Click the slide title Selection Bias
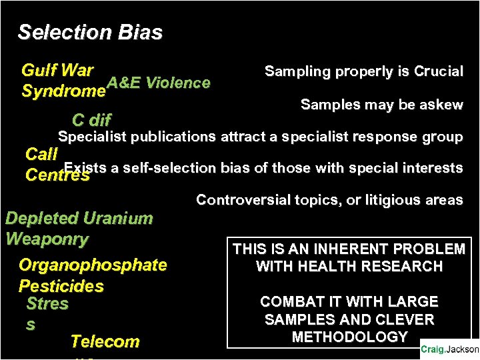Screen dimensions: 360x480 (x=90, y=32)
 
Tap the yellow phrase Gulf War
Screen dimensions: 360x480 (x=57, y=71)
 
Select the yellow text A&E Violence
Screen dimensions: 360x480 (x=159, y=83)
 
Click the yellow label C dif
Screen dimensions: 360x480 (x=91, y=121)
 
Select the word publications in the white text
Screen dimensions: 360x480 (x=173, y=137)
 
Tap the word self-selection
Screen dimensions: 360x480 (x=162, y=168)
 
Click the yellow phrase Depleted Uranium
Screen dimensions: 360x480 (x=79, y=218)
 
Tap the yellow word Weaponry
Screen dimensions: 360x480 (x=47, y=239)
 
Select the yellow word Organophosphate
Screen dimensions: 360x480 (x=93, y=265)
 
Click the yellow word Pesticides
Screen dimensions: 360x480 (x=61, y=286)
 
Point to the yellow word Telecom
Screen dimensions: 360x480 (x=105, y=341)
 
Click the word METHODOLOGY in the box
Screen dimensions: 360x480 (x=349, y=337)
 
